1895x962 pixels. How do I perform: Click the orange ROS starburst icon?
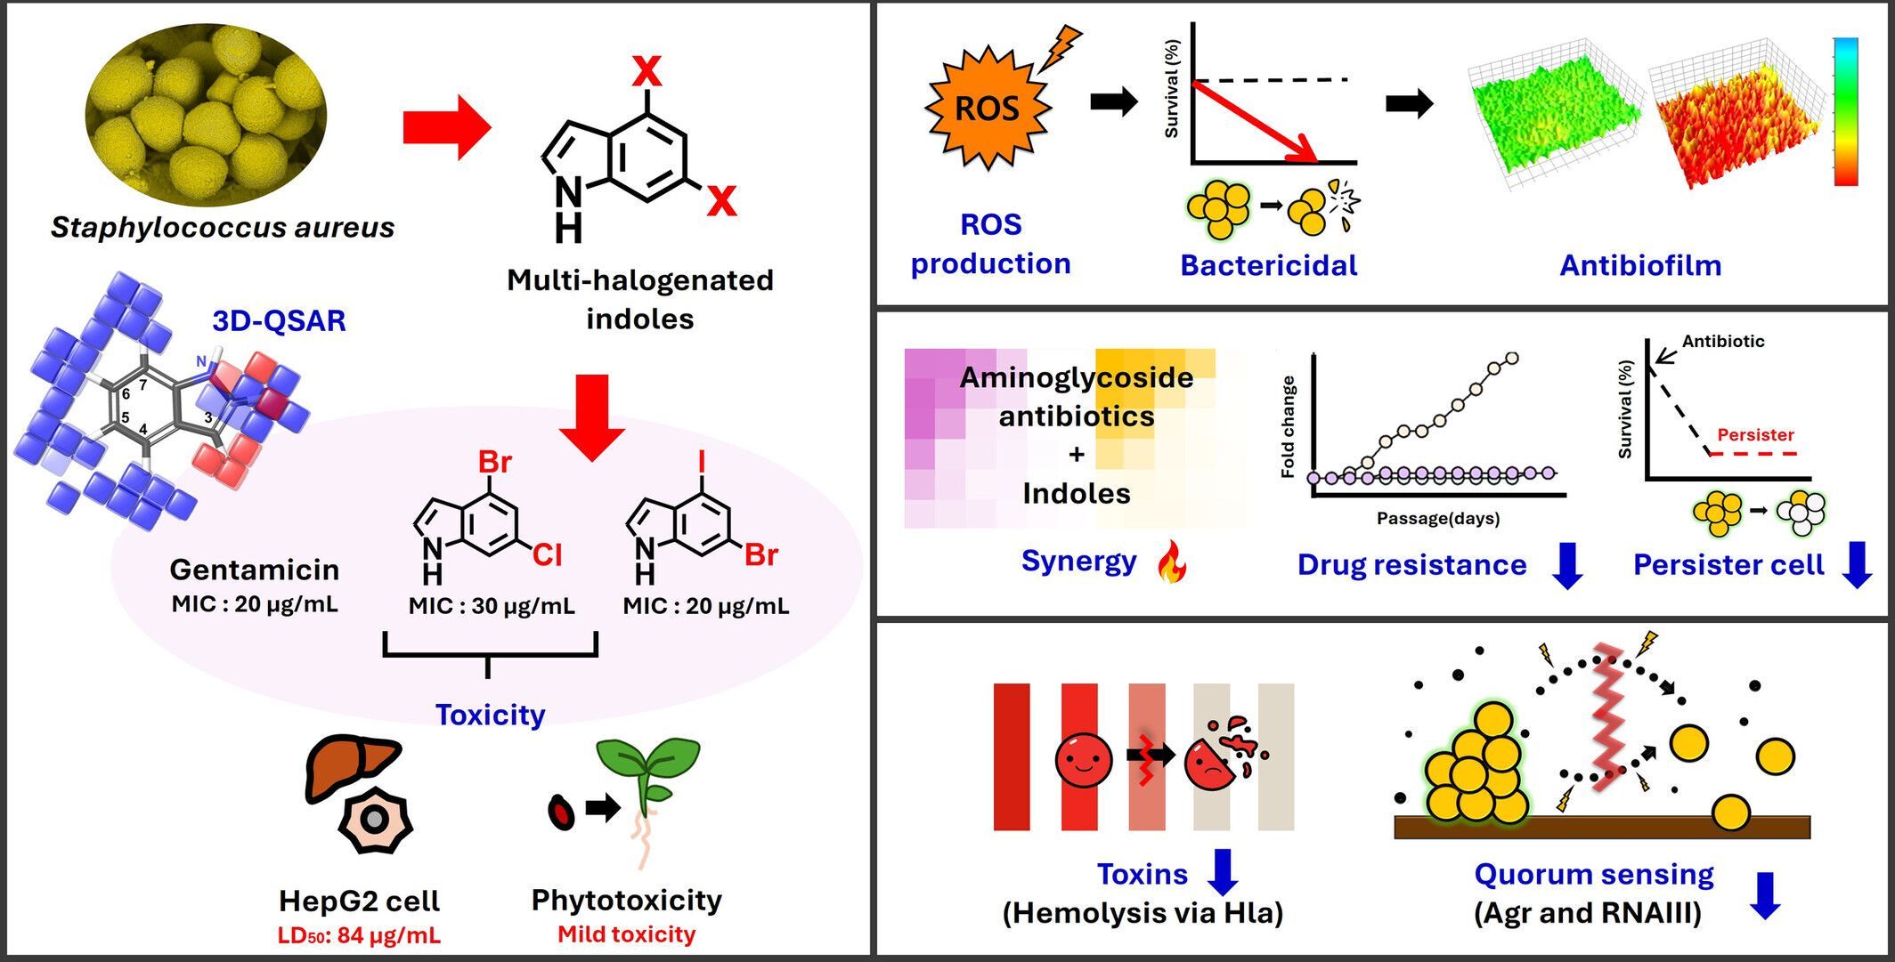[x=987, y=109]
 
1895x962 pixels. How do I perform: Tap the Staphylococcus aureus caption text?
[x=223, y=227]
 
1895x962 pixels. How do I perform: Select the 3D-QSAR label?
[x=279, y=320]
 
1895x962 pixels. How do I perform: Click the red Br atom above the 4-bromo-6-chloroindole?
[x=495, y=462]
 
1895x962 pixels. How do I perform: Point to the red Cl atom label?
[x=547, y=555]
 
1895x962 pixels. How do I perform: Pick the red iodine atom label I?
[x=703, y=461]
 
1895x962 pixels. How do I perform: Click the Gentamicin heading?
[x=255, y=570]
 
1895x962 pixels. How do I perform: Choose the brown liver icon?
[x=351, y=767]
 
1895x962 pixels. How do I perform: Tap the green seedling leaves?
[x=648, y=759]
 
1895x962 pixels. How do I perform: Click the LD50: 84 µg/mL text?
[x=359, y=935]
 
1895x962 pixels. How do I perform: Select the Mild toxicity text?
[x=626, y=934]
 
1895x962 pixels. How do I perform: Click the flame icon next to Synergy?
[x=1172, y=563]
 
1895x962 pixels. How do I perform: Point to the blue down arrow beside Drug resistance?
[x=1567, y=566]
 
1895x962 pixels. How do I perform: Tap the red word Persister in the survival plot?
[x=1755, y=434]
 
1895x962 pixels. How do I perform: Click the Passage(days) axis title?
[x=1437, y=518]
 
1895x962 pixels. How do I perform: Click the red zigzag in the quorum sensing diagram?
[x=1609, y=717]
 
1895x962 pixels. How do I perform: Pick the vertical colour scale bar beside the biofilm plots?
[x=1845, y=111]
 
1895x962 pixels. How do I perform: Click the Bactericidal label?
[x=1268, y=265]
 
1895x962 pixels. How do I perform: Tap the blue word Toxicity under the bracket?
[x=490, y=715]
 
